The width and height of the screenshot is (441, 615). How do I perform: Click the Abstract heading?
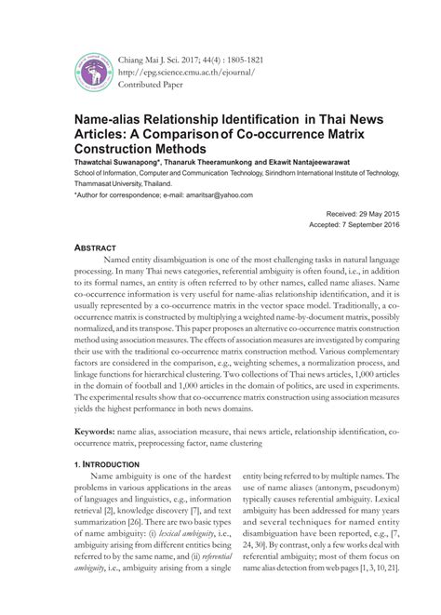tap(98, 249)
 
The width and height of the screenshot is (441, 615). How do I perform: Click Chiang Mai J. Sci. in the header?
tap(152, 55)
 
